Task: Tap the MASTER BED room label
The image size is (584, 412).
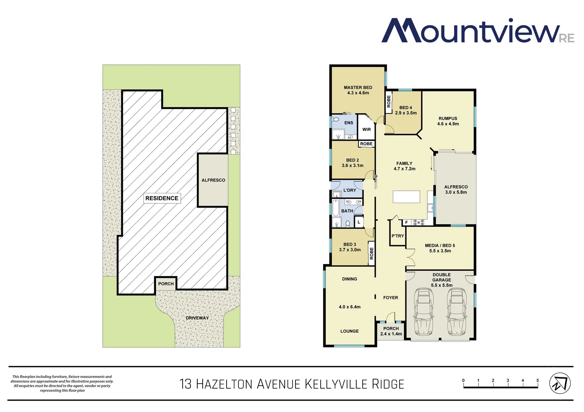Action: coord(358,87)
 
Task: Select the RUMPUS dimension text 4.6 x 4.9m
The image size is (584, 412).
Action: coord(448,124)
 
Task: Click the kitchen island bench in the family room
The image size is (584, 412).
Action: coord(406,197)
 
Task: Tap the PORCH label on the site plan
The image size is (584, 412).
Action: coord(166,284)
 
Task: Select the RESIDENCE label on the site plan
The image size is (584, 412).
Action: coord(162,198)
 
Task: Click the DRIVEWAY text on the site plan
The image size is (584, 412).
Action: coord(197,318)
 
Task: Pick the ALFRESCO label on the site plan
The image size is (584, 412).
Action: coord(213,180)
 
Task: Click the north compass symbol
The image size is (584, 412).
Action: coord(560,383)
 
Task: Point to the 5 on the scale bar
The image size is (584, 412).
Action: coord(537,381)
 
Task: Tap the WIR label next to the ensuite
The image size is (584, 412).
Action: coord(367,130)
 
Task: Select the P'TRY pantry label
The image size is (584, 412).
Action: coord(397,236)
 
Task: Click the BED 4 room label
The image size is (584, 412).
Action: coord(406,108)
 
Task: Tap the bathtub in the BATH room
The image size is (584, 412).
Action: coord(336,208)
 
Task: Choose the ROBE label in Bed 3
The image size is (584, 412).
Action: coord(371,253)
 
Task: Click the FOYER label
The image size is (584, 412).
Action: coord(390,298)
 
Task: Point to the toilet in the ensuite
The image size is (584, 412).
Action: coord(336,120)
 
